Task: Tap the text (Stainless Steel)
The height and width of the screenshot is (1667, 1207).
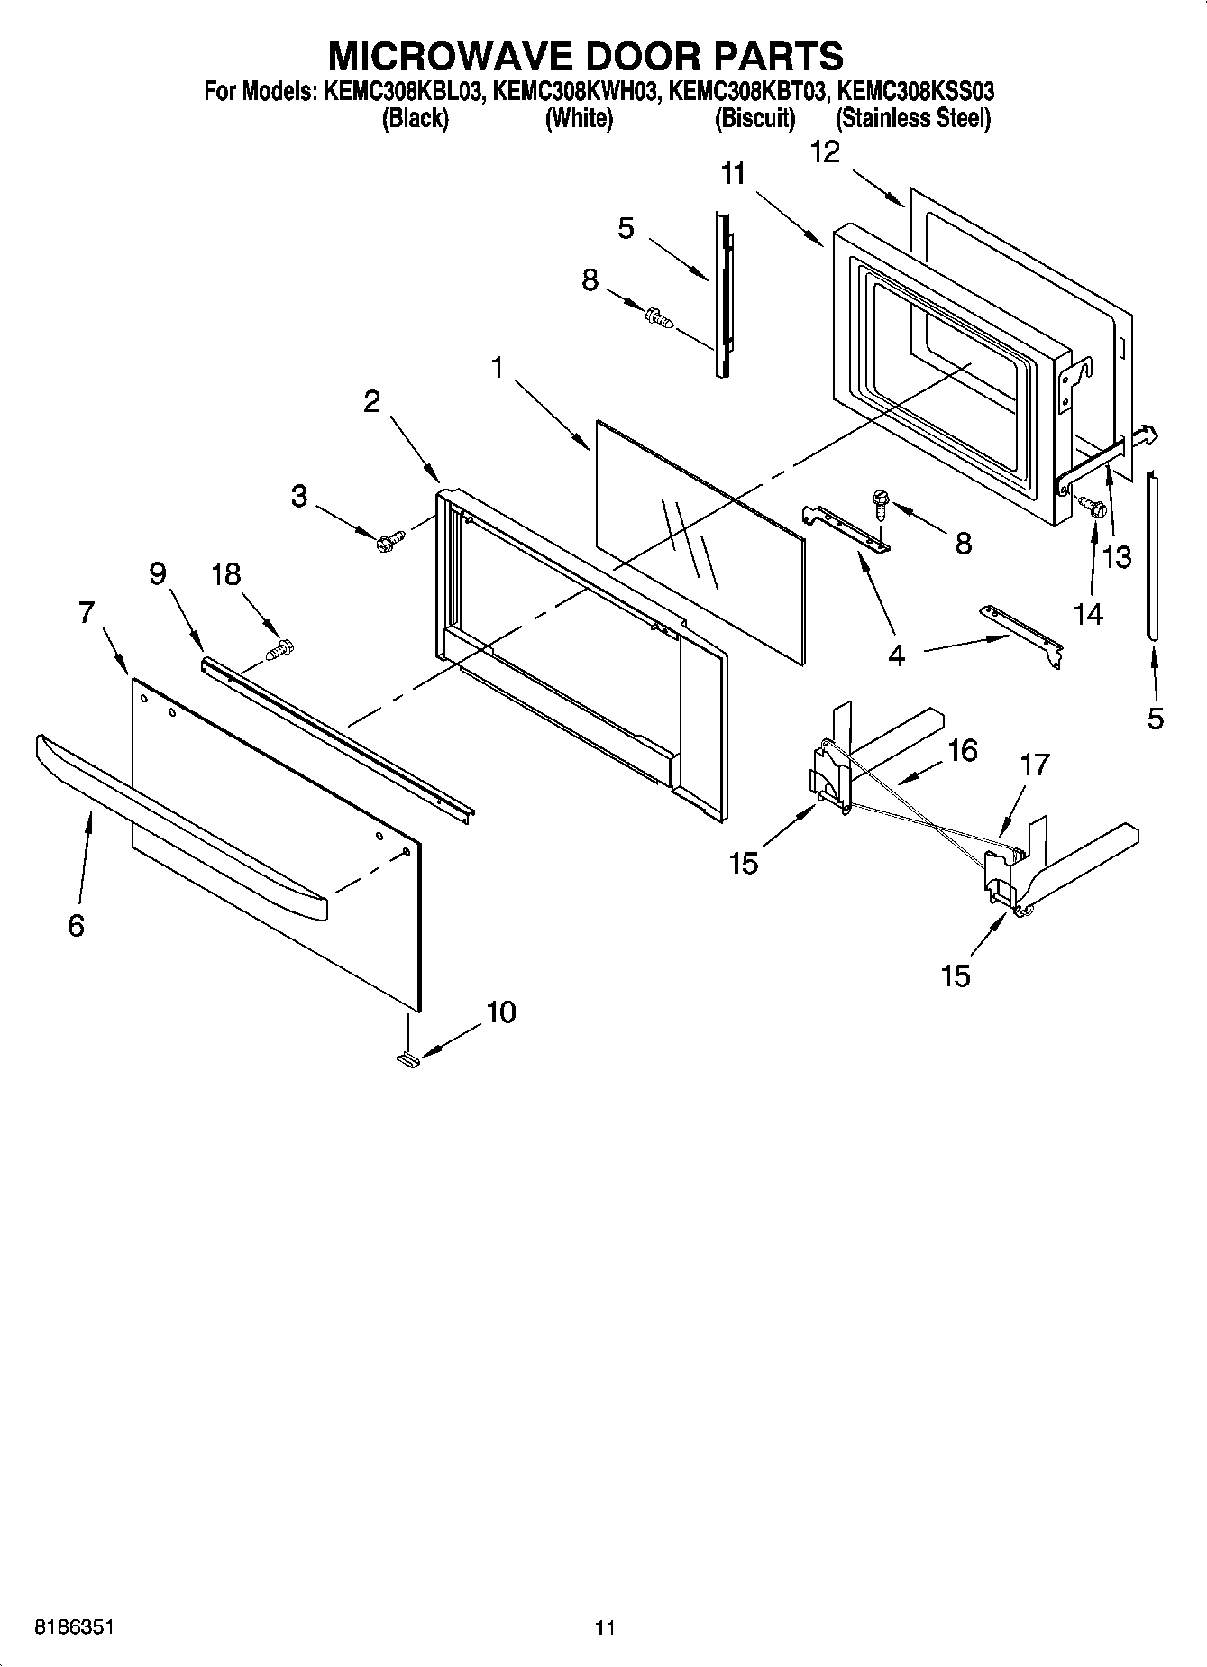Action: (912, 118)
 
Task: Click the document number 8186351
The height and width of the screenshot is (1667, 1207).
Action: (74, 1627)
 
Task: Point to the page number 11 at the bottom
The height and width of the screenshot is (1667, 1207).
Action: (604, 1628)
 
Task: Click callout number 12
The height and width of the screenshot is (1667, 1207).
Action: (825, 151)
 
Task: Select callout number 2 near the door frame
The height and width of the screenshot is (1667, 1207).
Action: (371, 402)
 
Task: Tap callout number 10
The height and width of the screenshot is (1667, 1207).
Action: (501, 1012)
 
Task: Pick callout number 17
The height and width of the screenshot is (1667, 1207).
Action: (1035, 765)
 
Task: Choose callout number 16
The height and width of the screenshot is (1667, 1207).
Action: (963, 750)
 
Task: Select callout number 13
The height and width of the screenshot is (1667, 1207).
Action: (1117, 557)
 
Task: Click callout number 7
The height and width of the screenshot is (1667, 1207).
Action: (87, 612)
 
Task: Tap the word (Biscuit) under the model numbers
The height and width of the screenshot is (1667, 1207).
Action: (754, 118)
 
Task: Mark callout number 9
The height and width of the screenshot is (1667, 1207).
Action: (158, 573)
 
